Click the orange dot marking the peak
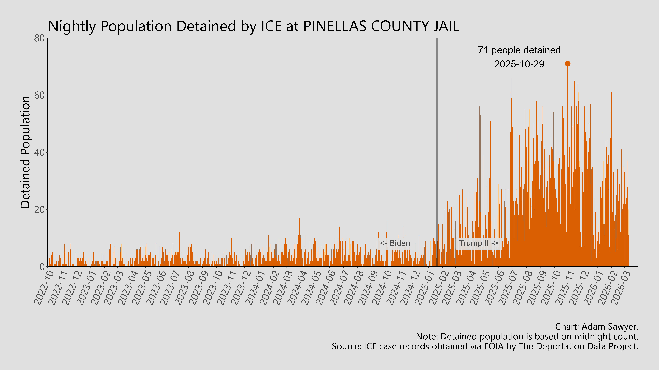(567, 64)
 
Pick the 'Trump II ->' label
(478, 243)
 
